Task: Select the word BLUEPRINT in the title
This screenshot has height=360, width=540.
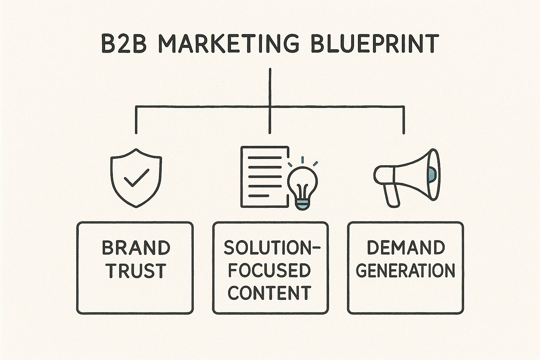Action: tap(374, 44)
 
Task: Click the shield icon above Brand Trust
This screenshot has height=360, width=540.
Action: tap(136, 178)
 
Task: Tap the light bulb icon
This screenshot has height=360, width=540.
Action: tap(302, 185)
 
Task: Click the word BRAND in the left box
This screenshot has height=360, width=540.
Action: tap(136, 248)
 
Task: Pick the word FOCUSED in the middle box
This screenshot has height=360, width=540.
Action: tap(270, 271)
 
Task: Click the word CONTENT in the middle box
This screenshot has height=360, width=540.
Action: tap(270, 292)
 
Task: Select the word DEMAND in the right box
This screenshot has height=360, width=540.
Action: tap(406, 248)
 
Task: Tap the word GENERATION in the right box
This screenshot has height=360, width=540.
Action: tap(406, 271)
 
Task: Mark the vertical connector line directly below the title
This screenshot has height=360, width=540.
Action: tap(270, 86)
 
